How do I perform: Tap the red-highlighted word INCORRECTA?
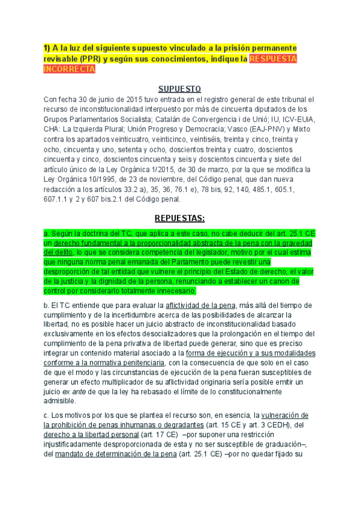pos(70,69)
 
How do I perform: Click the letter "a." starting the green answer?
pos(46,233)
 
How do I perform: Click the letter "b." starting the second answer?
pos(46,305)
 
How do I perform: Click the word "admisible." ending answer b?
pos(62,401)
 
